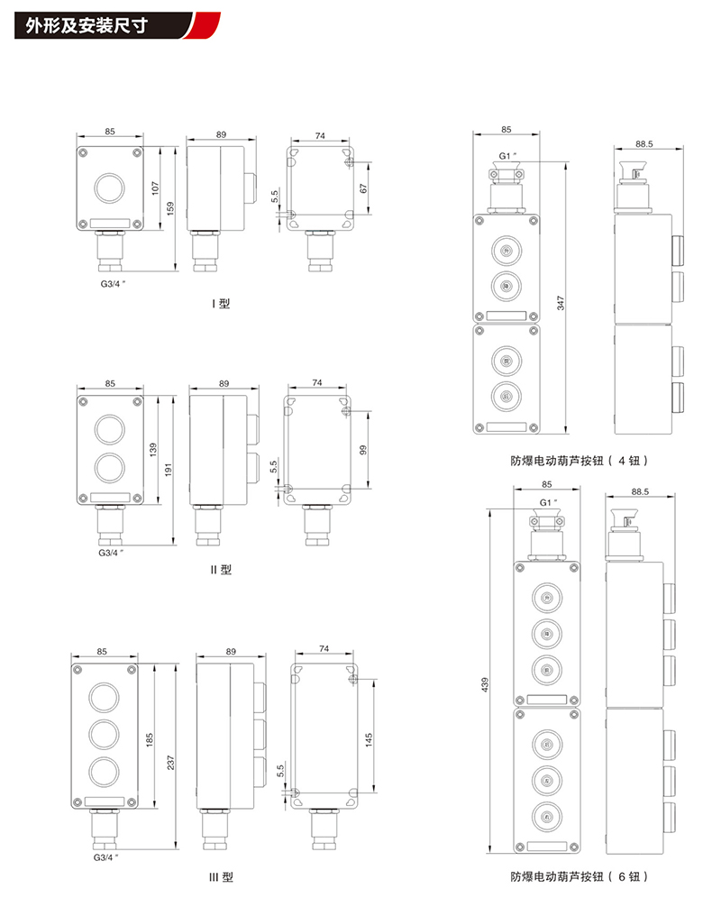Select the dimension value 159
click(170, 207)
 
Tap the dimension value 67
click(362, 188)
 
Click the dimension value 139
click(155, 448)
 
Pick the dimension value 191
click(170, 469)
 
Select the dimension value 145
click(369, 739)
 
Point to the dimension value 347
click(561, 303)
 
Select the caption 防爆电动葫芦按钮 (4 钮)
click(579, 460)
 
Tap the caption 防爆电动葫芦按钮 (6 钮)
click(579, 876)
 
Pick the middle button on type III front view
click(105, 735)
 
